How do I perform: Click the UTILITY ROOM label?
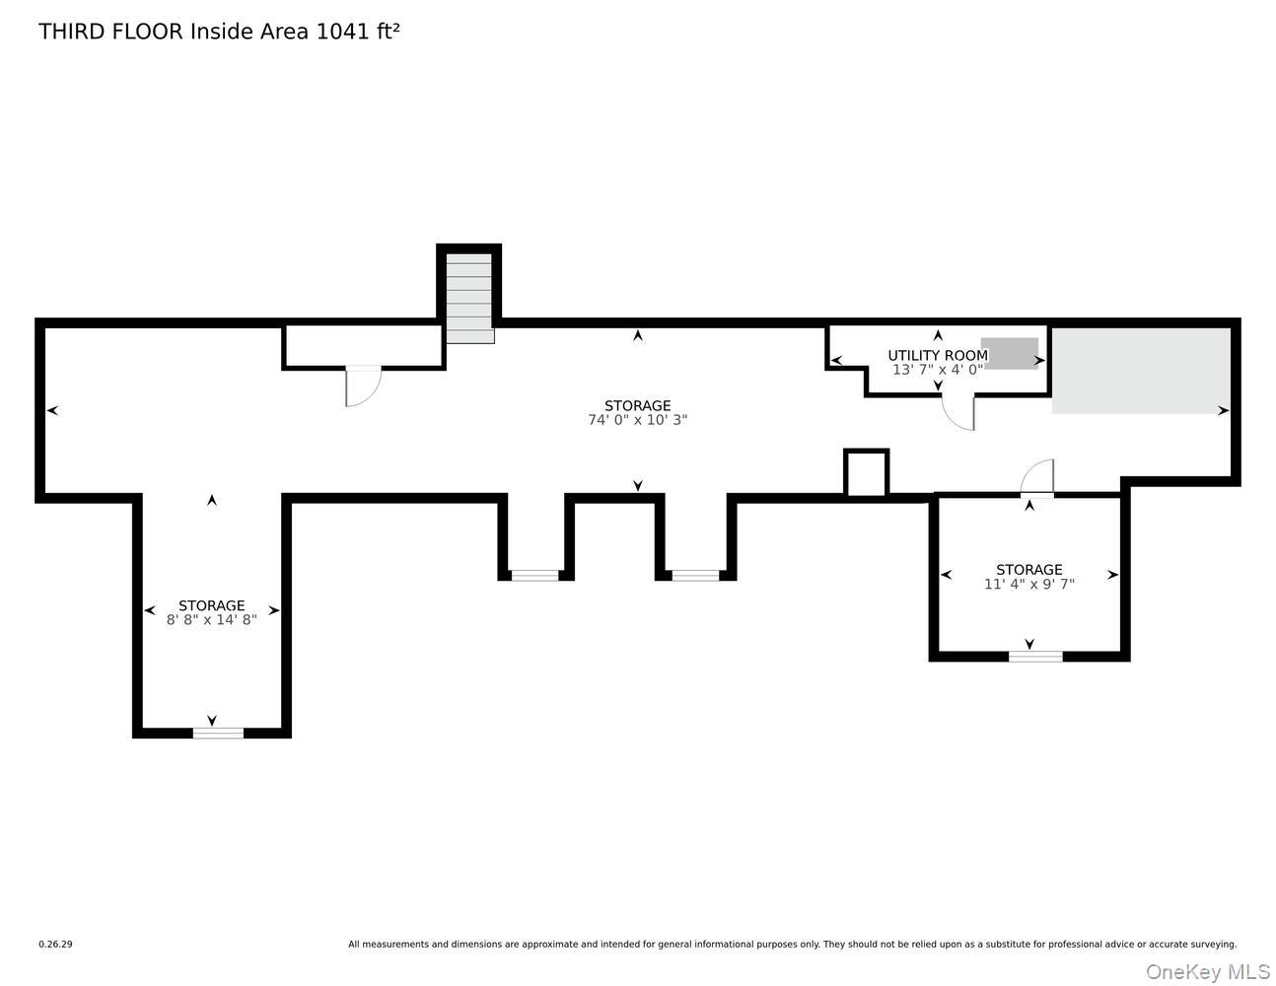937,355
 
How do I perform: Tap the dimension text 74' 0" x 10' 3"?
637,419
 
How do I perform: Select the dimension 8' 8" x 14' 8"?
211,619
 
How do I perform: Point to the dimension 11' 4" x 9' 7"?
1028,584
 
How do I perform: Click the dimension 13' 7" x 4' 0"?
937,370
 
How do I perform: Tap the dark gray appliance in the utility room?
1010,353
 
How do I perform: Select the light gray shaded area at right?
1141,371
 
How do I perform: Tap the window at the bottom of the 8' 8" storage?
218,732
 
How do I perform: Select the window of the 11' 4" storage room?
1035,656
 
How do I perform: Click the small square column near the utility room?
866,473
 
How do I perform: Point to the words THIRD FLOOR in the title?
110,32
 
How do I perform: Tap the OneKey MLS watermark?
1207,971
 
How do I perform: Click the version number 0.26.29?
55,944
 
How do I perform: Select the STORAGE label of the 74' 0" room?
637,405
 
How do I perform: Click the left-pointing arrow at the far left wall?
52,410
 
